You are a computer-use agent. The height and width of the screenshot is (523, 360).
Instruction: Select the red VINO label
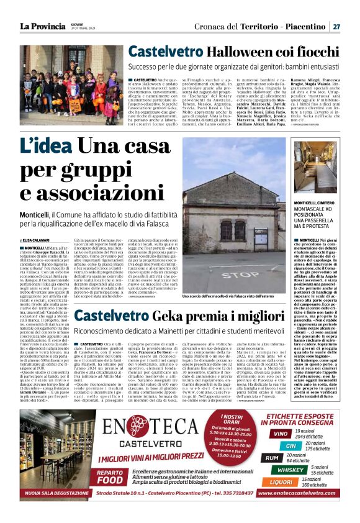[281, 434]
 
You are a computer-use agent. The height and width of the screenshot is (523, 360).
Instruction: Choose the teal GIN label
[290, 445]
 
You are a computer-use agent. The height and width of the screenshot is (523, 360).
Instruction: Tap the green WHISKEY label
[290, 470]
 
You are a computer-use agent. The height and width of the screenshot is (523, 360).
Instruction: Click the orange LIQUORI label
[281, 481]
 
